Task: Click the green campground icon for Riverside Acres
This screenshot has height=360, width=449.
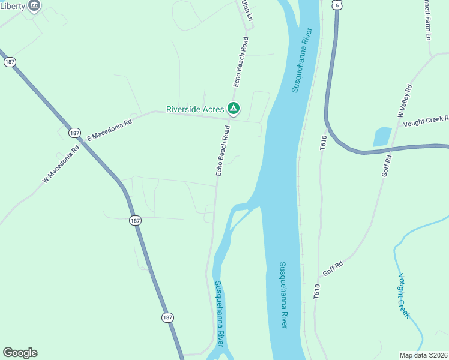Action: [234, 109]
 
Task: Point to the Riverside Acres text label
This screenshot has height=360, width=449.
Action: [195, 109]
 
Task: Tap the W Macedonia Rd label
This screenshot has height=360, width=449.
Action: [61, 165]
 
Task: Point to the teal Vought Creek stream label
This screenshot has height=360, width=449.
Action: [403, 295]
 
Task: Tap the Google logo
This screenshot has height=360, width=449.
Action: [20, 353]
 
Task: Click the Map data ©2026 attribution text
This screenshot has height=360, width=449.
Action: [423, 355]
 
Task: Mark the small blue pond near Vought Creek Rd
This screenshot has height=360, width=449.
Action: [382, 136]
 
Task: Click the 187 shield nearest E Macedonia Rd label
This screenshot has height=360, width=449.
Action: [74, 132]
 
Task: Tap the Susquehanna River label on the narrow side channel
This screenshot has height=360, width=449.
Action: [218, 314]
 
